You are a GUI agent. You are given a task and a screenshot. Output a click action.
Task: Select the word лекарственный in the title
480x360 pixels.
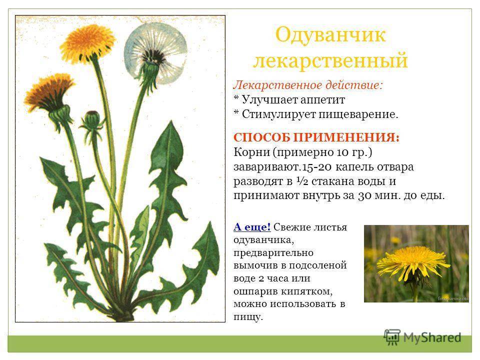click(x=330, y=59)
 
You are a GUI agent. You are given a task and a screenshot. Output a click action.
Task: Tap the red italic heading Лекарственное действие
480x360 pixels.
click(x=308, y=85)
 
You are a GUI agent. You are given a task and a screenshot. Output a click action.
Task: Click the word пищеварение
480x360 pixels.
click(x=358, y=114)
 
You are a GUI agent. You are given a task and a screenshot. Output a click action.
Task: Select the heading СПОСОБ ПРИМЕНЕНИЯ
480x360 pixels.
click(x=316, y=137)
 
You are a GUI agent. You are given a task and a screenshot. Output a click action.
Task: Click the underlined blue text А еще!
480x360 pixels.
click(x=252, y=227)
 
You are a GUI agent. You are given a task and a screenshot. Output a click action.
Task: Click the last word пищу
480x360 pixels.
click(x=248, y=316)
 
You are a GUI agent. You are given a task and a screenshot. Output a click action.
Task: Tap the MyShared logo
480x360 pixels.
click(x=422, y=337)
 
